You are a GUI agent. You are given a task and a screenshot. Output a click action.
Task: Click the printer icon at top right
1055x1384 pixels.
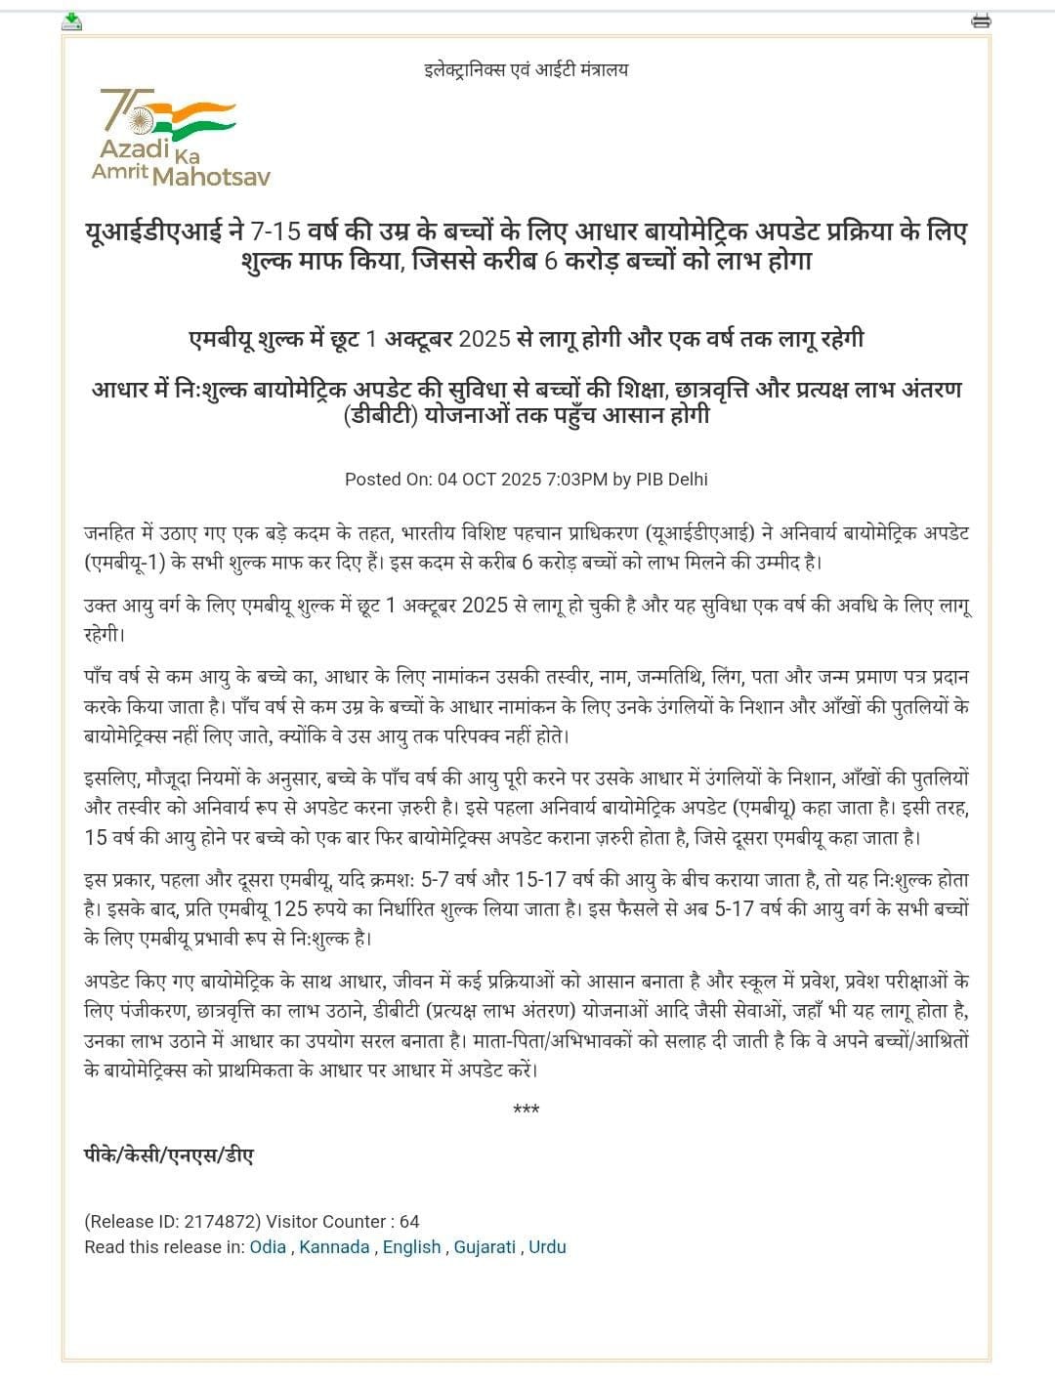tap(981, 21)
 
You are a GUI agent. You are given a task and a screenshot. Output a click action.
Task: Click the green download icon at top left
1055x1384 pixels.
tap(72, 21)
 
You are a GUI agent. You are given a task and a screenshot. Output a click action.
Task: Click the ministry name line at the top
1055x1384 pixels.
tap(526, 69)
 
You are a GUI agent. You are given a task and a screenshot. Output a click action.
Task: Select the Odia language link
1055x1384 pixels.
tap(268, 1247)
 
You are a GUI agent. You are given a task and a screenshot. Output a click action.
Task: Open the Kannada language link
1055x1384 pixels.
tap(334, 1247)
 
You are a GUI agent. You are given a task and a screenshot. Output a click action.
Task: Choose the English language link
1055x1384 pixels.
tap(411, 1247)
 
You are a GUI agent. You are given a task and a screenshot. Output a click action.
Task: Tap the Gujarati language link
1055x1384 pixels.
tap(485, 1247)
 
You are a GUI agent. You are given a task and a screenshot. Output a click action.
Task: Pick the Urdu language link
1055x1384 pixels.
tap(547, 1247)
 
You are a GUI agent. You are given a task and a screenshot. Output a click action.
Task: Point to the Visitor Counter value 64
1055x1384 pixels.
tap(409, 1222)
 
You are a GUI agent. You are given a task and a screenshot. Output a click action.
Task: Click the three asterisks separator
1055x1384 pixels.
tap(526, 1111)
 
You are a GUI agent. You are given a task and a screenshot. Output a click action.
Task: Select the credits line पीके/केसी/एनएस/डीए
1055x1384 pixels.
tap(169, 1155)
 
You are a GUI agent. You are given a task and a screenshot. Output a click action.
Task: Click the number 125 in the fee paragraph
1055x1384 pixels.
tap(290, 909)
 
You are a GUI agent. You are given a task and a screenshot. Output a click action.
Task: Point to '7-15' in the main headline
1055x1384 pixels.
tap(275, 232)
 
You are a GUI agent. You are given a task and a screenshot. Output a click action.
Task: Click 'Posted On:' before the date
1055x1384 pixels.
tap(388, 480)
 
